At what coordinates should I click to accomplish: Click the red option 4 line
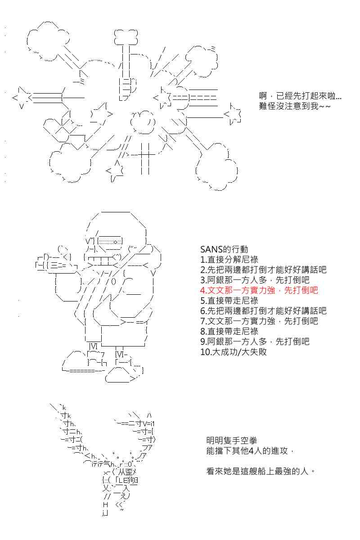tap(259, 290)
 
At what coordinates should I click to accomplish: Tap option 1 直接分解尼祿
tap(229, 260)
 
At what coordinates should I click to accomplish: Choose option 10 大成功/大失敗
tap(234, 352)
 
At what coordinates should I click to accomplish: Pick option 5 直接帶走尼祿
tap(229, 301)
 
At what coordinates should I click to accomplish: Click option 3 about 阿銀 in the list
tap(255, 280)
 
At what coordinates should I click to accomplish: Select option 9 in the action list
tap(255, 342)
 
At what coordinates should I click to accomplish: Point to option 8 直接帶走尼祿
tap(229, 331)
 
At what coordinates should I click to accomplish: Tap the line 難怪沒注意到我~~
tap(295, 106)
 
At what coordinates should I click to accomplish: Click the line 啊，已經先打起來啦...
tap(300, 96)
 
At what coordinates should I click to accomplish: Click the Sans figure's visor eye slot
tap(110, 241)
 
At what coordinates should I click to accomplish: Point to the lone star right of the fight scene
tap(233, 114)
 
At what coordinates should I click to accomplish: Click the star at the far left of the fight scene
tap(21, 98)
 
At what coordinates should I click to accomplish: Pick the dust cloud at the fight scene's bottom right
tap(216, 166)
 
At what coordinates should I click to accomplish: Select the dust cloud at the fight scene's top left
tap(48, 41)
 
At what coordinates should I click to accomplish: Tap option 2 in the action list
tap(263, 270)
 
